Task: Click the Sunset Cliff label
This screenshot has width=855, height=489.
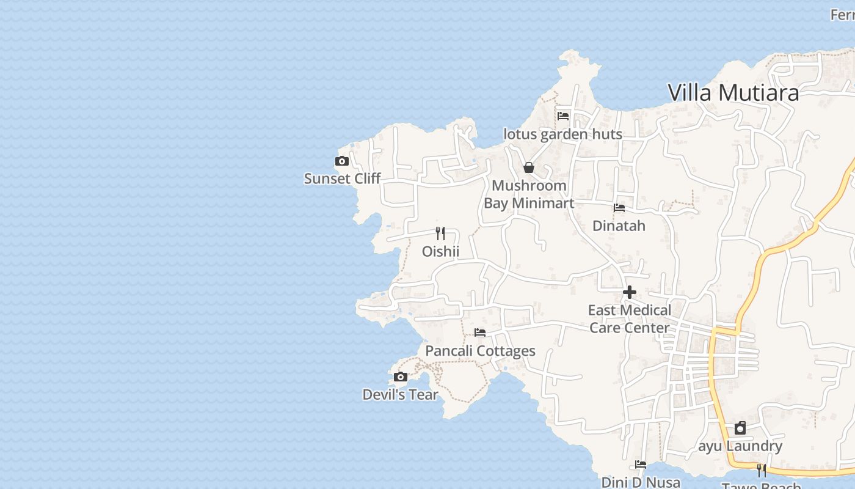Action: coord(342,178)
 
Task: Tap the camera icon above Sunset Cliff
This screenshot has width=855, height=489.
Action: coord(342,161)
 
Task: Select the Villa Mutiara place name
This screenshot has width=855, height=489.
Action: coord(733,93)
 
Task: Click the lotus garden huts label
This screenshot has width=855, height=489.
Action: coord(562,134)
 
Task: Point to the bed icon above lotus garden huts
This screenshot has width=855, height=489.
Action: coord(562,116)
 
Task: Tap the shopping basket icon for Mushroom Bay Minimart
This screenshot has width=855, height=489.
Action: coord(529,167)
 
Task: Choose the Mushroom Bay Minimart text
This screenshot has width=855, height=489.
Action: coord(529,194)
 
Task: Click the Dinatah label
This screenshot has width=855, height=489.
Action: coord(619,226)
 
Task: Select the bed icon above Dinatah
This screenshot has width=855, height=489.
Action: coord(619,208)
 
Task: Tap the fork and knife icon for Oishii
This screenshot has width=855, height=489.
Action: coord(440,233)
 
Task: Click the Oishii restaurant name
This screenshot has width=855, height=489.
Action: coord(440,251)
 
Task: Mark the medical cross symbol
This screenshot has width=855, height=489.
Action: coord(629,292)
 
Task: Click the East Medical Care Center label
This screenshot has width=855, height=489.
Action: coord(629,318)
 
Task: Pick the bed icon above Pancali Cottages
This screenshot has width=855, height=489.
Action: coord(480,333)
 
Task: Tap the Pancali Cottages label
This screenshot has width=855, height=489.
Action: coord(480,351)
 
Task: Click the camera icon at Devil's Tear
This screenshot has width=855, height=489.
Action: coord(400,377)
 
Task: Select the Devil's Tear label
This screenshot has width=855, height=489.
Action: coord(400,394)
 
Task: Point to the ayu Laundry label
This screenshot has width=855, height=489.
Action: coord(740,446)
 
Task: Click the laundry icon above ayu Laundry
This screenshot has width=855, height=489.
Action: coord(740,428)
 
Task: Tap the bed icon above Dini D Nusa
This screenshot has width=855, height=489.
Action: coord(640,465)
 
